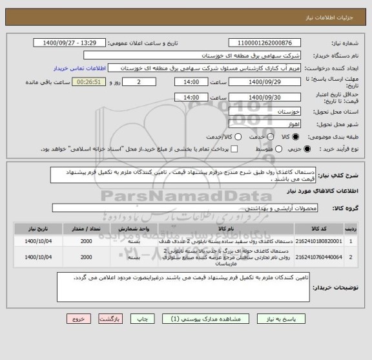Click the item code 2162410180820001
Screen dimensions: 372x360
[x=316, y=240]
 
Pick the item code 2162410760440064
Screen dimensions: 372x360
[x=316, y=257]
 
